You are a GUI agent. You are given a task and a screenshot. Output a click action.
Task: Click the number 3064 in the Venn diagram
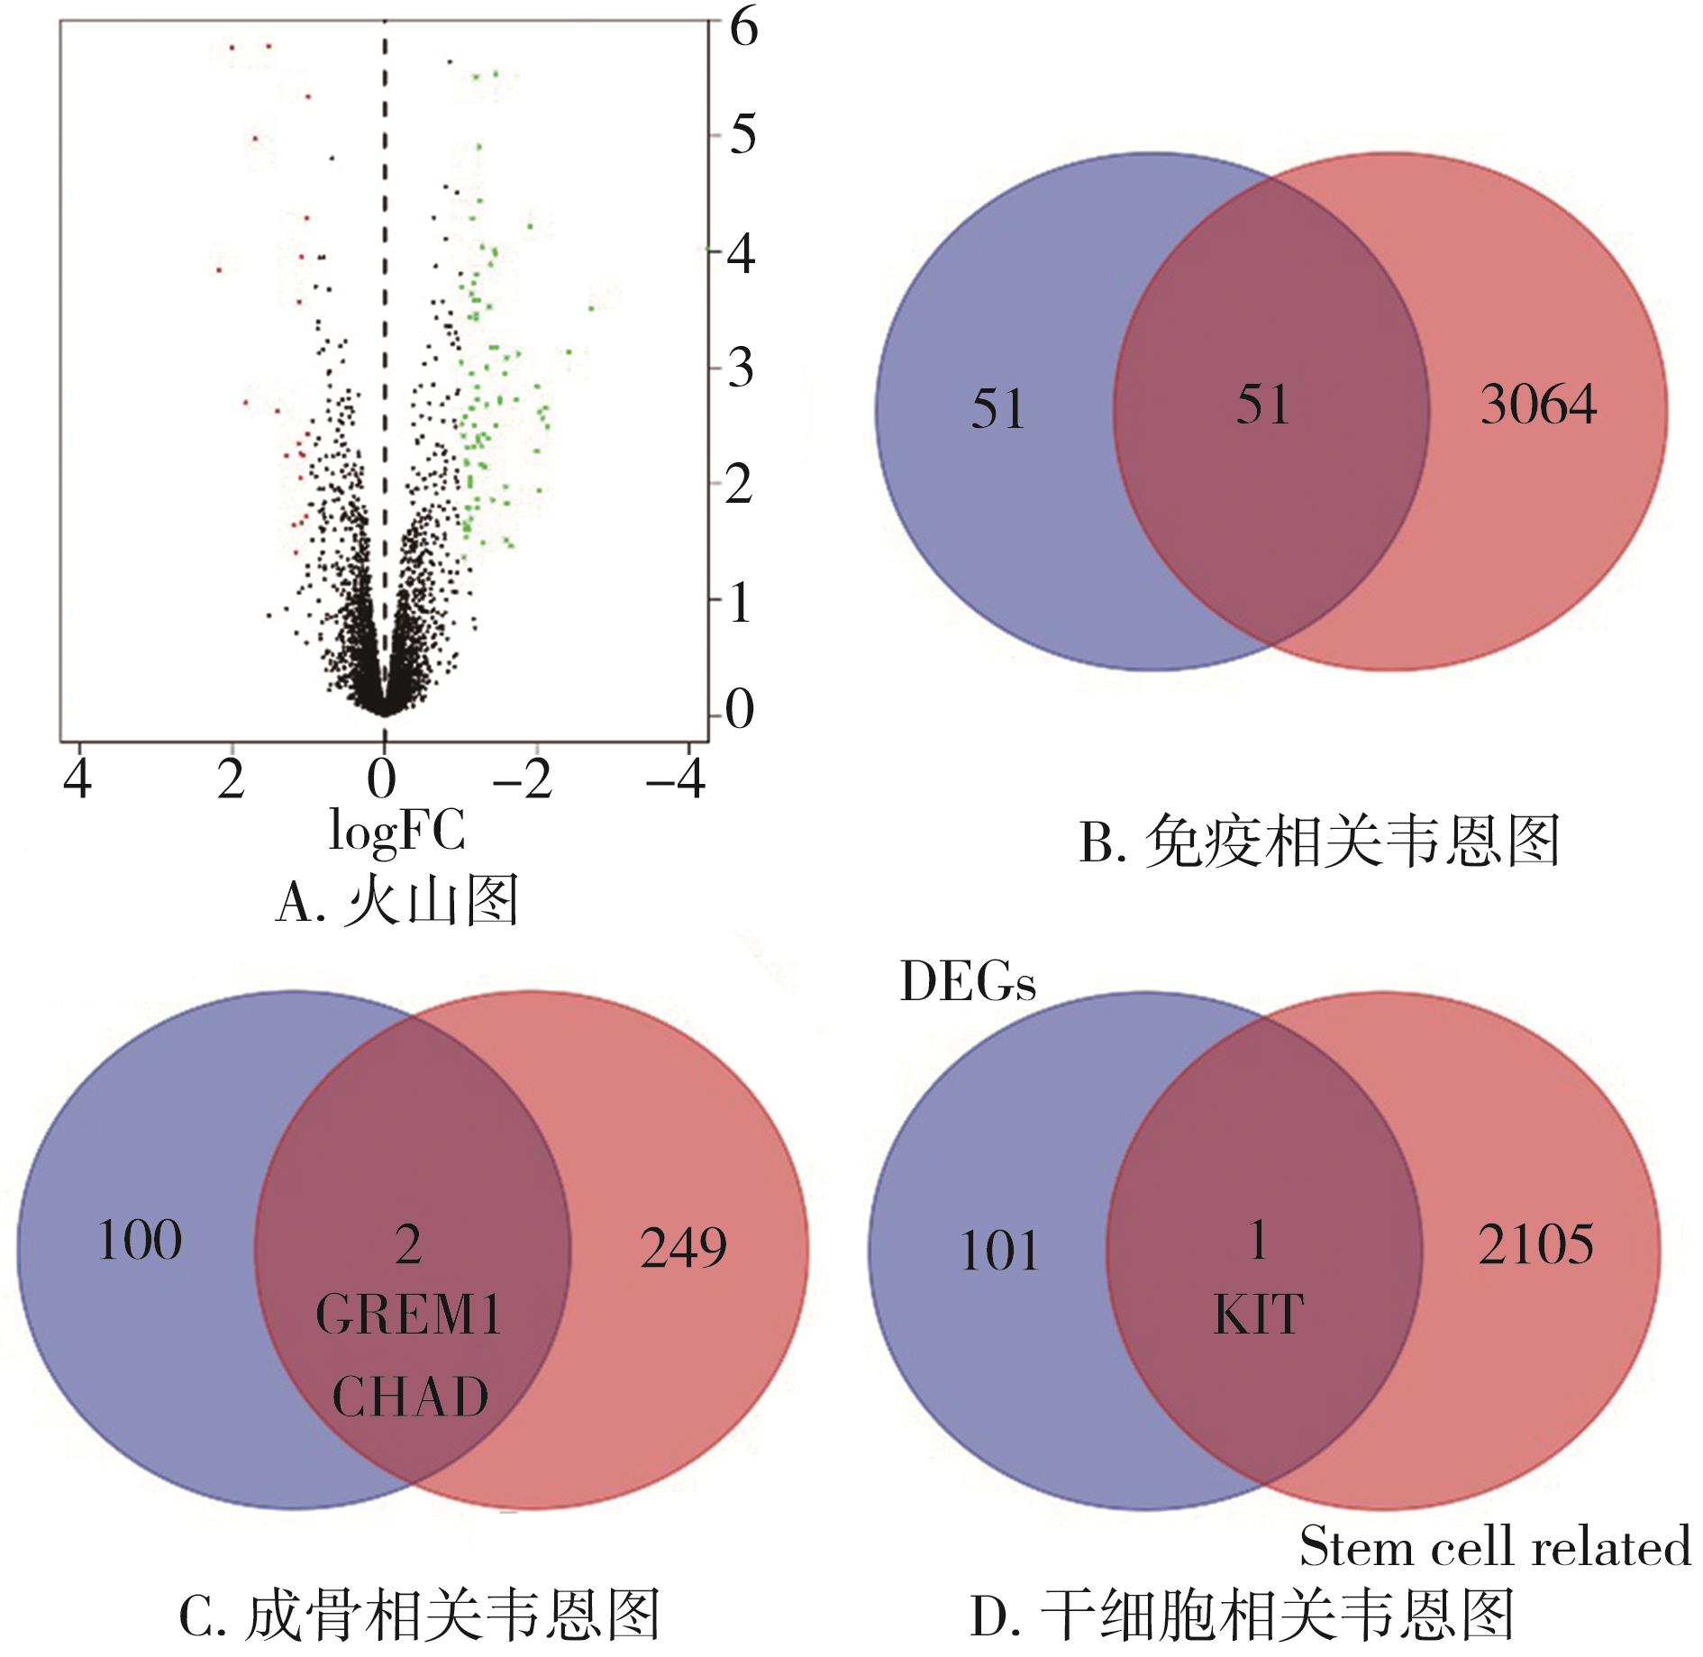pyautogui.click(x=1538, y=405)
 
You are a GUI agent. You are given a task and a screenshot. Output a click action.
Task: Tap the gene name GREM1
pyautogui.click(x=408, y=1316)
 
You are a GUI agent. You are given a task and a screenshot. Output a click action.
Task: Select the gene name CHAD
pyautogui.click(x=410, y=1398)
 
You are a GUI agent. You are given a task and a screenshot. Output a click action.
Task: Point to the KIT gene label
pyautogui.click(x=1259, y=1315)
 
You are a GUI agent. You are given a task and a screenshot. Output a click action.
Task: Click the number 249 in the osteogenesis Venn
pyautogui.click(x=683, y=1248)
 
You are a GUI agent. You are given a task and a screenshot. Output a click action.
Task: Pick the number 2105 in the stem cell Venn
pyautogui.click(x=1535, y=1244)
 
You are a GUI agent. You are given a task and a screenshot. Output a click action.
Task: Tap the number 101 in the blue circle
pyautogui.click(x=999, y=1252)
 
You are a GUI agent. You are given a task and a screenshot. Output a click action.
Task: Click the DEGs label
pyautogui.click(x=968, y=982)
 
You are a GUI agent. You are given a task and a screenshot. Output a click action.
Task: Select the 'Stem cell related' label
pyautogui.click(x=1495, y=1547)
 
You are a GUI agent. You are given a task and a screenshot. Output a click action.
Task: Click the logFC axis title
pyautogui.click(x=397, y=830)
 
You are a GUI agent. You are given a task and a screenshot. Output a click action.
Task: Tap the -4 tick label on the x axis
pyautogui.click(x=676, y=778)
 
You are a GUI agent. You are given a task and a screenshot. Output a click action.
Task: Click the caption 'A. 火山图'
pyautogui.click(x=397, y=902)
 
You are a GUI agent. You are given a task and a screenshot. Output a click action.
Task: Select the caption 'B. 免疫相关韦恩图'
pyautogui.click(x=1319, y=842)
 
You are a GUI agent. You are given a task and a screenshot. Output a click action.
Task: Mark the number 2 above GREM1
pyautogui.click(x=408, y=1245)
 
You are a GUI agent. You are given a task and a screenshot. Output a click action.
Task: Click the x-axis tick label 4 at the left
pyautogui.click(x=77, y=778)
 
